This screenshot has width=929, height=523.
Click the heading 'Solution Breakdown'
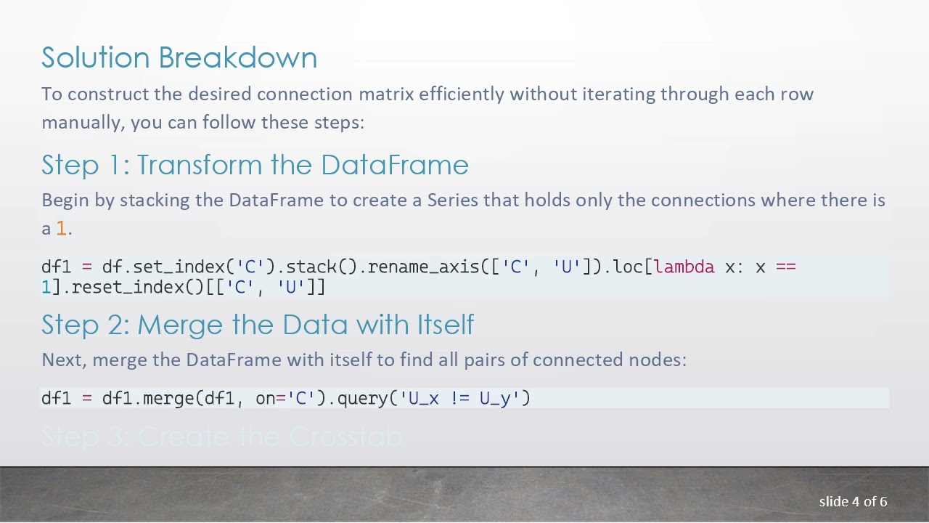pos(179,58)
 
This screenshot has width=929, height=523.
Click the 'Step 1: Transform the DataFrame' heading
pos(255,165)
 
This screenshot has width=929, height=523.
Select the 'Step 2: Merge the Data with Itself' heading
pos(258,325)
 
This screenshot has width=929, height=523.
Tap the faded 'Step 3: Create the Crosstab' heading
pos(221,437)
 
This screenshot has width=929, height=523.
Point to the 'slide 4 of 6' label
pos(853,501)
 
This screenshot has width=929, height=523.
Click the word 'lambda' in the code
pos(684,267)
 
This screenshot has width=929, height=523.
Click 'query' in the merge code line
pos(363,398)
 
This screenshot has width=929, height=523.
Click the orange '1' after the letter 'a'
pos(61,229)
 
